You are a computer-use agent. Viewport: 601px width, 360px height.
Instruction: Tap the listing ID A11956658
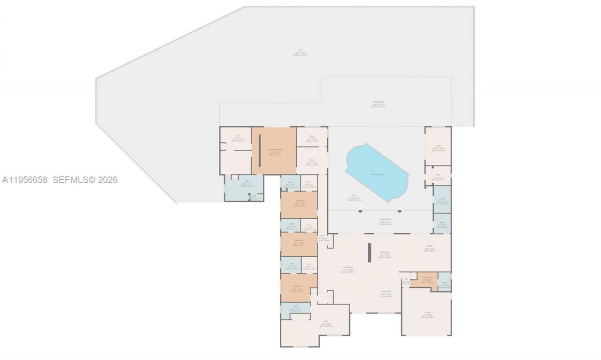[24, 180]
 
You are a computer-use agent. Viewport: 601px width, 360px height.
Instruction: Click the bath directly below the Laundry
[442, 223]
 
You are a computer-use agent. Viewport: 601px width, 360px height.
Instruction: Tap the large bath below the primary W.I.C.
[243, 186]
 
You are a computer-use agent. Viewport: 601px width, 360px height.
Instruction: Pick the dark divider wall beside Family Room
[370, 252]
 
